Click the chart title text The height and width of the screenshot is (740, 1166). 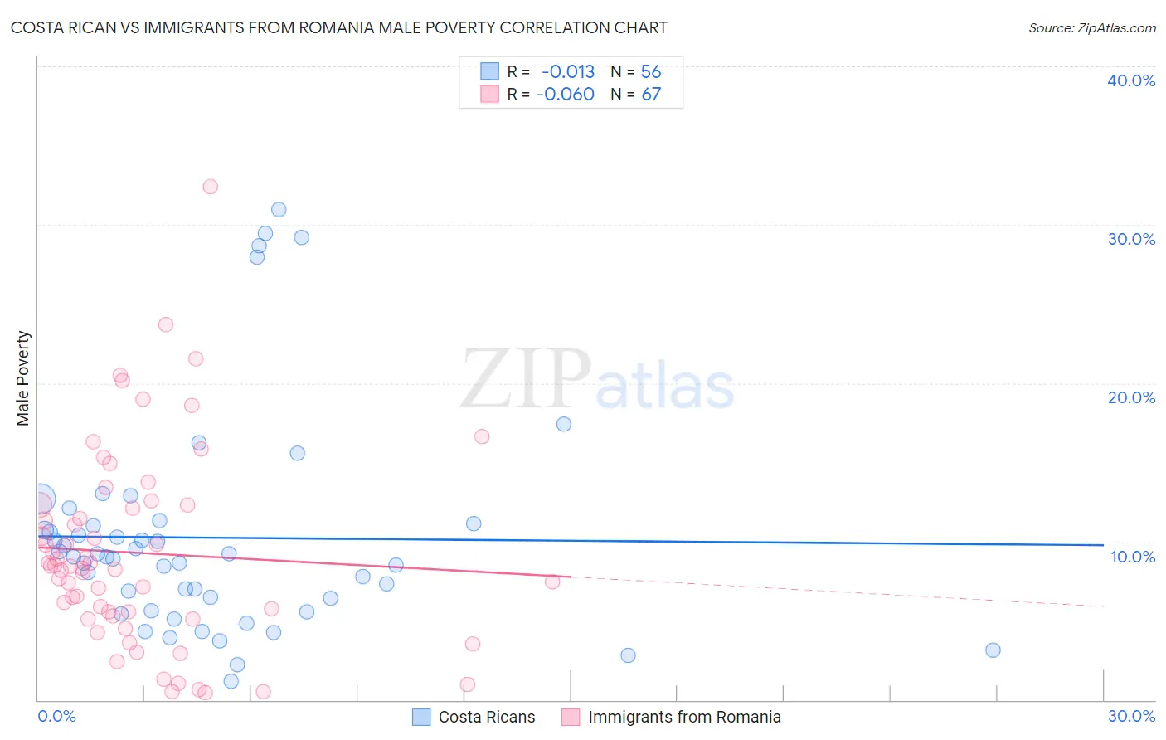point(338,28)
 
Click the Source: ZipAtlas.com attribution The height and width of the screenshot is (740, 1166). point(1091,28)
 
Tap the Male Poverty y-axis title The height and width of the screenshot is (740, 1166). point(23,378)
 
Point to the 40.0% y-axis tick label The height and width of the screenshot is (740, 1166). point(1131,80)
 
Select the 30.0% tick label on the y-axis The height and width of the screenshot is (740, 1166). point(1131,239)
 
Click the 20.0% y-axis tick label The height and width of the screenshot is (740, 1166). point(1131,397)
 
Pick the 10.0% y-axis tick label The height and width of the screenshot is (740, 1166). point(1133,557)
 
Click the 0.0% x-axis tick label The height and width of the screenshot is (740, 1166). point(56,716)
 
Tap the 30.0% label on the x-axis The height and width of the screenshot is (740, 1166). point(1131,716)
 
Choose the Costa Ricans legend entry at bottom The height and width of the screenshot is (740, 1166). point(474,717)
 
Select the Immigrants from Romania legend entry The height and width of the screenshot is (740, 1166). point(671,717)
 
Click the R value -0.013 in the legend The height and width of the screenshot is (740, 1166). point(568,72)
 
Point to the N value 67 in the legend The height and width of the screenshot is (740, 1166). point(651,95)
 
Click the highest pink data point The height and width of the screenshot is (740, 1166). point(211,187)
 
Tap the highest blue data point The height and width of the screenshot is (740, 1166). point(279,210)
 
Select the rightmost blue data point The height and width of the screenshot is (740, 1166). point(993,650)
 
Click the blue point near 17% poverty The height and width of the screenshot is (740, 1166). point(564,424)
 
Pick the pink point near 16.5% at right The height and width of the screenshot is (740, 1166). point(482,436)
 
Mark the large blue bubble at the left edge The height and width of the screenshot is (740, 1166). point(41,499)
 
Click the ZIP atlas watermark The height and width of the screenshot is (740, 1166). point(597,380)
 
